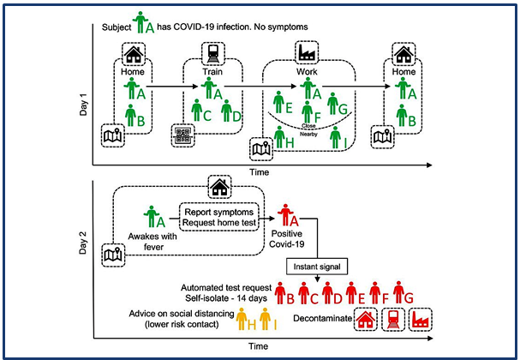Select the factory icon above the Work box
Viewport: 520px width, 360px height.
(x=306, y=51)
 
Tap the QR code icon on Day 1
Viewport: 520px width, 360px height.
(x=183, y=135)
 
